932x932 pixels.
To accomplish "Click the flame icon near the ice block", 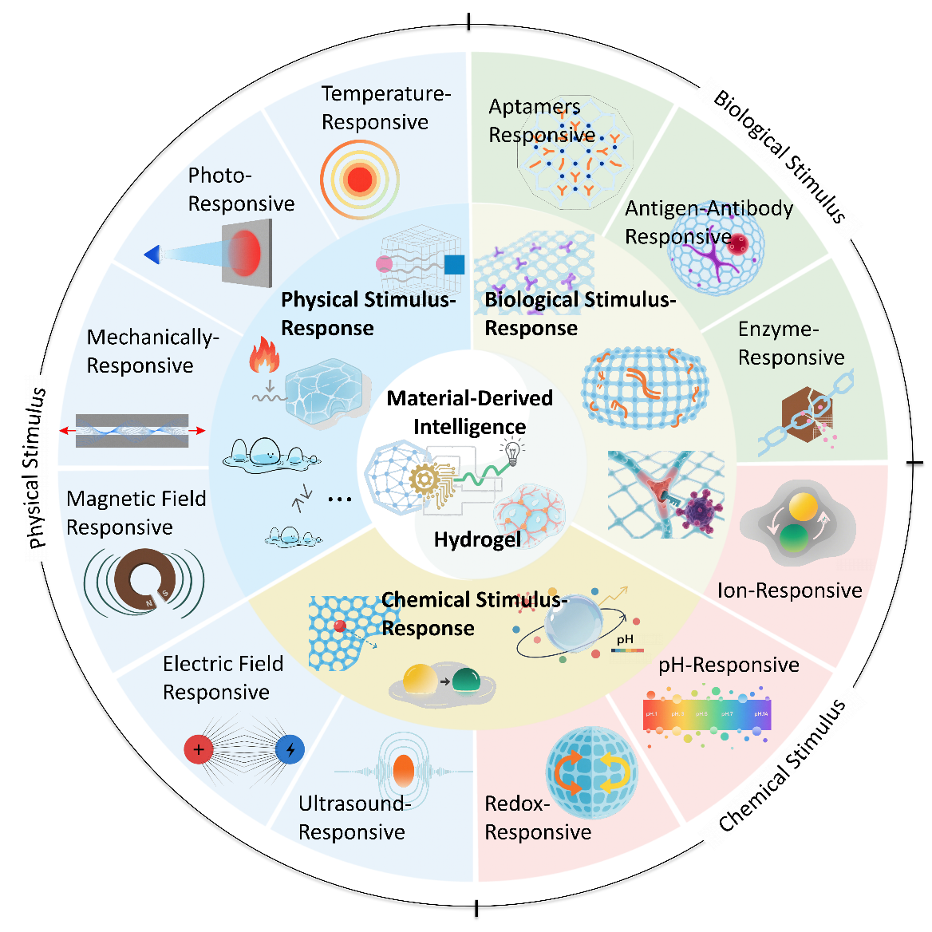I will pos(264,356).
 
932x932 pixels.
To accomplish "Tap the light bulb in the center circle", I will pos(512,452).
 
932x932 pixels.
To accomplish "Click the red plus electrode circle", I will pos(198,750).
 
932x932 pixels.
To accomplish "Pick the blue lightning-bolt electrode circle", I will pos(290,750).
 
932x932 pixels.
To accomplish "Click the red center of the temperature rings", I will pos(360,180).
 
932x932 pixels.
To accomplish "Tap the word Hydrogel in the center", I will pos(477,540).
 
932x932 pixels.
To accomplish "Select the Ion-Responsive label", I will pos(789,590).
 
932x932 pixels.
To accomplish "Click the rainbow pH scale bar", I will pos(707,714).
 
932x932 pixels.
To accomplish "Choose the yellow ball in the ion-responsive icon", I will pos(803,507).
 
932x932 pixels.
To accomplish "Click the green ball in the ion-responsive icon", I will pos(794,539).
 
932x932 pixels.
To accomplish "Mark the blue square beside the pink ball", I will pos(454,264).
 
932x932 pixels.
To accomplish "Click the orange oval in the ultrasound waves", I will pos(404,771).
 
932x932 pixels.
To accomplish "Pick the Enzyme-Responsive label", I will pos(790,343).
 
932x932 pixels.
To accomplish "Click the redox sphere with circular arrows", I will pos(591,772).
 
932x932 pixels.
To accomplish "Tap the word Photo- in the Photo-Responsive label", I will pos(219,176).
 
